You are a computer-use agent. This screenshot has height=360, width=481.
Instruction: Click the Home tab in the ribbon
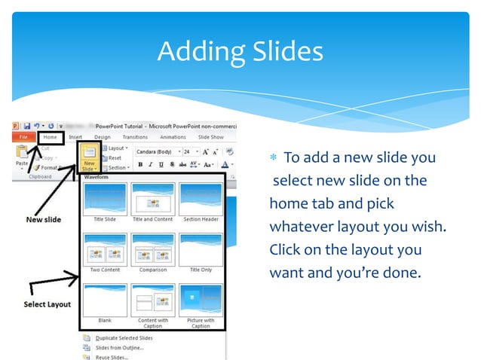[51, 137]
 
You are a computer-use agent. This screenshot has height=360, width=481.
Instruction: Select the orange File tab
[24, 137]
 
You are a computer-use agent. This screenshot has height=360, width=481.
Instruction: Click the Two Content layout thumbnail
[105, 249]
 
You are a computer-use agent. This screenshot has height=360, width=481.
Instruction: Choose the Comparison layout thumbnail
[152, 249]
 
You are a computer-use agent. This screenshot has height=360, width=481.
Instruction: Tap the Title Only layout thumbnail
[201, 249]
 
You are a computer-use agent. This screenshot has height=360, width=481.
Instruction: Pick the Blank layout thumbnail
[105, 300]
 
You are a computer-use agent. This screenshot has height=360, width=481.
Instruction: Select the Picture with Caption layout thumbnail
[201, 300]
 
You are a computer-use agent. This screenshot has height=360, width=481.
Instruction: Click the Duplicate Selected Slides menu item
[124, 338]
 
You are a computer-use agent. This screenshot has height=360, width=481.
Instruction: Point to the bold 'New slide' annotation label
[43, 220]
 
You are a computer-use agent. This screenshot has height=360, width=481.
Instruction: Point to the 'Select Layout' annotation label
[46, 304]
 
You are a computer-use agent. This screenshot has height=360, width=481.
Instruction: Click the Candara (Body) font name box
[152, 151]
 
